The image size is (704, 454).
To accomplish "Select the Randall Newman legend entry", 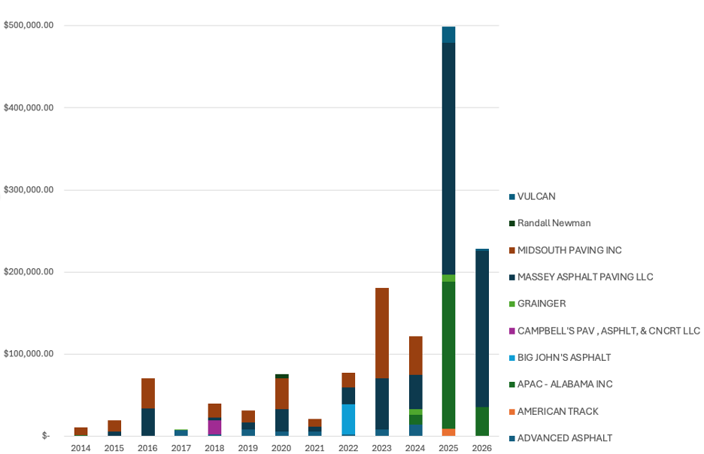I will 554,223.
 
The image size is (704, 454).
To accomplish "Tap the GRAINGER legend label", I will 542,304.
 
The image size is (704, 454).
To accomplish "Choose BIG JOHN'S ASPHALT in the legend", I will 564,357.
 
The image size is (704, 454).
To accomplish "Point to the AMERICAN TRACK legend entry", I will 557,411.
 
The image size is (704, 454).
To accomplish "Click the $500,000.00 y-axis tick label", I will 29,26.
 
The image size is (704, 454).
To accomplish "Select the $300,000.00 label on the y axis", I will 29,189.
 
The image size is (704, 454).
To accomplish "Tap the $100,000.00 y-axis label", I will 29,354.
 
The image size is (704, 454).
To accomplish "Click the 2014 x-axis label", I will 80,448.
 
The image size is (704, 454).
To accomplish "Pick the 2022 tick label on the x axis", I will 348,448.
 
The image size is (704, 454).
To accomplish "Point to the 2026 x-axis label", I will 482,448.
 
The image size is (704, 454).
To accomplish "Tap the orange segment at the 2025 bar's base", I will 448,432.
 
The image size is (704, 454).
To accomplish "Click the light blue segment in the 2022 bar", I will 348,419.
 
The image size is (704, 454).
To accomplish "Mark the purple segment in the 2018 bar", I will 214,427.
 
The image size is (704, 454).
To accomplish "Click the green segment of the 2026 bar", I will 482,422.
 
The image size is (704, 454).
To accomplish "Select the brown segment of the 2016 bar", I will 147,393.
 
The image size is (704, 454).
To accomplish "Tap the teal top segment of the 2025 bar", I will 448,35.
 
